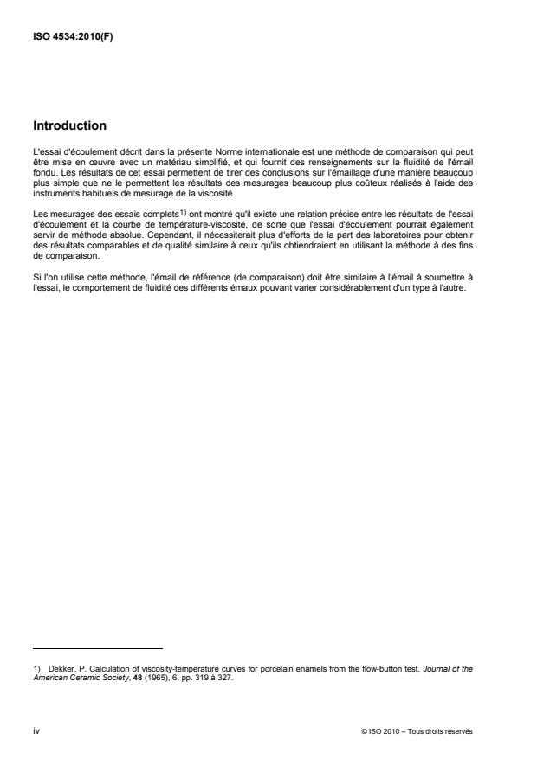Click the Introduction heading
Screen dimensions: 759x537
[x=69, y=125]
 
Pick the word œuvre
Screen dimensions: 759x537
[x=96, y=160]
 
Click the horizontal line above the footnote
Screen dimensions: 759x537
[x=98, y=647]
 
